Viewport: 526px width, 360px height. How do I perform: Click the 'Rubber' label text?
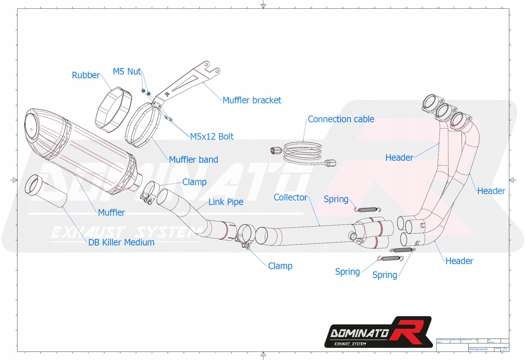pos(85,75)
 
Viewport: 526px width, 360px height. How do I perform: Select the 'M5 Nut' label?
pos(127,71)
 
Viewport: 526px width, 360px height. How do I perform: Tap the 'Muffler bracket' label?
pos(252,100)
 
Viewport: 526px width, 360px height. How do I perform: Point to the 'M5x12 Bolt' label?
pos(211,137)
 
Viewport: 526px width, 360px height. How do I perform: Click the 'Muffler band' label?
pos(193,160)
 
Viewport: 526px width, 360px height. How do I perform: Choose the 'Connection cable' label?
pos(341,119)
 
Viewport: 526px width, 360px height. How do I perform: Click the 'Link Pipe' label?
pos(226,202)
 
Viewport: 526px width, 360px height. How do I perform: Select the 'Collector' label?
pos(290,197)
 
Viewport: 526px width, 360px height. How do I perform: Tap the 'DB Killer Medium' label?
pos(121,242)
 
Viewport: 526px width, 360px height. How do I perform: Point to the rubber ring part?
pos(113,109)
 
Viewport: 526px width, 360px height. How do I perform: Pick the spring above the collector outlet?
pos(367,210)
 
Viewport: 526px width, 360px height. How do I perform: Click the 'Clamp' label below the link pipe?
pos(280,266)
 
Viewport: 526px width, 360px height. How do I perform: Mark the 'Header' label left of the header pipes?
pos(399,158)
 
